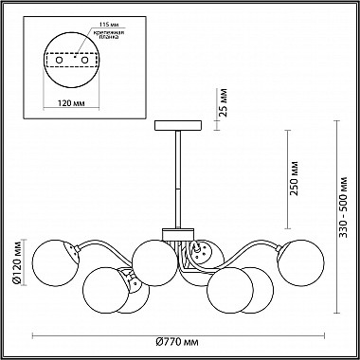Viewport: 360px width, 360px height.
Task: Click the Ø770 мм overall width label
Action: point(178,342)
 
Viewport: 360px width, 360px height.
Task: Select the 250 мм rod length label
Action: point(294,178)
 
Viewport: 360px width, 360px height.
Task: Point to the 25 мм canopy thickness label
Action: point(224,102)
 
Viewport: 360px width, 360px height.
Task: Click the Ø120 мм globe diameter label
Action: point(17,262)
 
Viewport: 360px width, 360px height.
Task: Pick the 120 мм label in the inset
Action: point(72,103)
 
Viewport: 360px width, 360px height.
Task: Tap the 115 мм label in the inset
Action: point(106,25)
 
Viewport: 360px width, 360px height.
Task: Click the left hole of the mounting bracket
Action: point(59,60)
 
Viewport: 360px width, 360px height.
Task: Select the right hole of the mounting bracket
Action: point(84,60)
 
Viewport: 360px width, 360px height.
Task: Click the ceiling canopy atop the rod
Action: point(178,125)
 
